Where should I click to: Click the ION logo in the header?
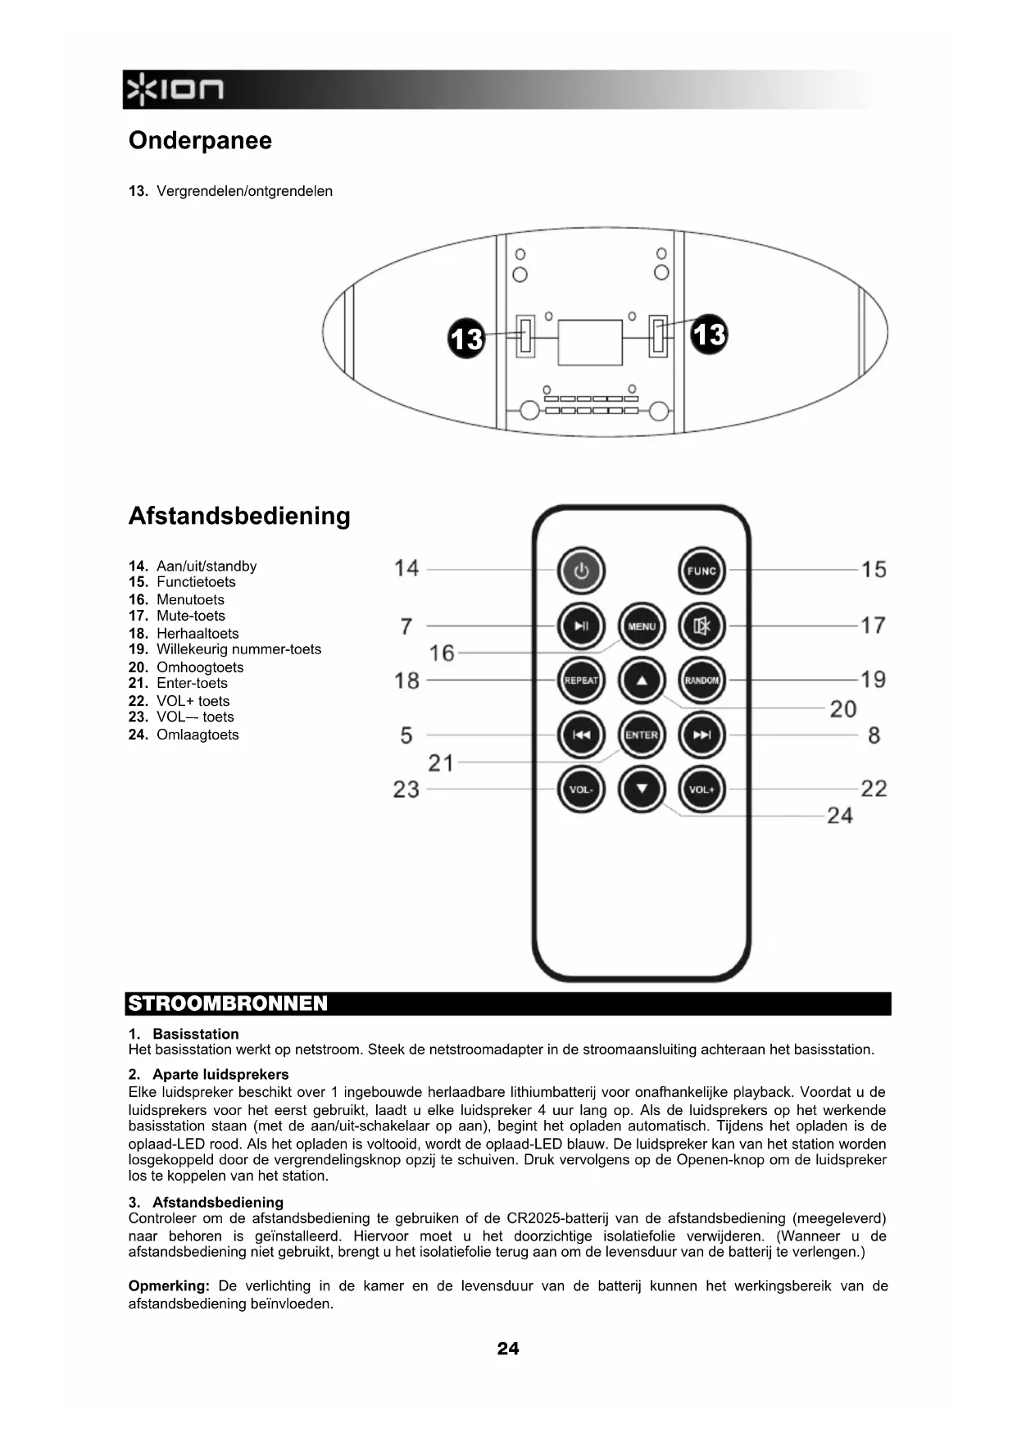pos(174,89)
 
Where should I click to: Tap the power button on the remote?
pos(581,571)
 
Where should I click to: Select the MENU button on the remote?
pos(642,626)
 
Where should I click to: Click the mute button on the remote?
pos(702,626)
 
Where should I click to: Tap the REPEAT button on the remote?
pos(581,680)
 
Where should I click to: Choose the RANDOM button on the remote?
pos(702,680)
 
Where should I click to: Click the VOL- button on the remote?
pos(581,790)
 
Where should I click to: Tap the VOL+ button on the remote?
pos(702,790)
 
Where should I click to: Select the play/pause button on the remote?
pos(581,626)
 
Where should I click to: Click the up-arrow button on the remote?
pos(642,680)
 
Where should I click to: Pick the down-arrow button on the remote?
pos(642,790)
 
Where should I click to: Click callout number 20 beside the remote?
pos(843,709)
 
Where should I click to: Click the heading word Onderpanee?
pos(200,140)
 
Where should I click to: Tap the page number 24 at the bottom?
pos(508,1349)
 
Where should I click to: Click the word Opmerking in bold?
pos(169,1286)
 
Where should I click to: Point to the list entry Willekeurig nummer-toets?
pos(238,649)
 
